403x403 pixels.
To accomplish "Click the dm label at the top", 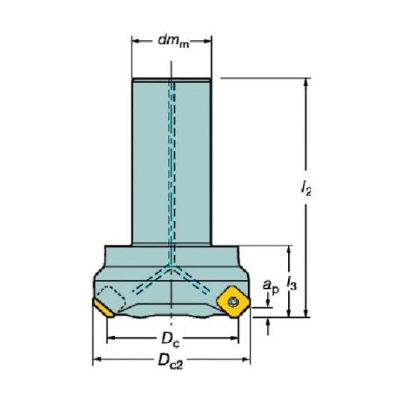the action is (173, 41).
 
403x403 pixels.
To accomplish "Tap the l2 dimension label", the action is (306, 188).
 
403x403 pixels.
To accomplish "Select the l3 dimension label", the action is (292, 283).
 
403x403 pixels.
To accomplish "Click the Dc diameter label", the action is (171, 339).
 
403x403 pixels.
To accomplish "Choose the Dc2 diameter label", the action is (171, 361).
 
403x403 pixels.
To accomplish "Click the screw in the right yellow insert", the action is (233, 302).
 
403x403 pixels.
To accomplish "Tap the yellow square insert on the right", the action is (233, 302).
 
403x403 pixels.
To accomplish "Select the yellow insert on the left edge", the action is (103, 308).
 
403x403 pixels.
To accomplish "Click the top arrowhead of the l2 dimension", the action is (305, 82).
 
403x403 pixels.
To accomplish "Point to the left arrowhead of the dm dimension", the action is (136, 41).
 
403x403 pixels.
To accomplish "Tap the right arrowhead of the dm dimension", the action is (207, 41).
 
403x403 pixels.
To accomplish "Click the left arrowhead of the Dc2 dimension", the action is (97, 360).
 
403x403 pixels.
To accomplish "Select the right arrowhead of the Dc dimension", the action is (234, 338).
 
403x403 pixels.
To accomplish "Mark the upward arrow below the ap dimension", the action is (269, 326).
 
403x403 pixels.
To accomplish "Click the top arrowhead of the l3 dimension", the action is (289, 250).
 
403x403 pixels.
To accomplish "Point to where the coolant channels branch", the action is (171, 267).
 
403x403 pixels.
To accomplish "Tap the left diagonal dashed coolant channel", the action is (151, 280).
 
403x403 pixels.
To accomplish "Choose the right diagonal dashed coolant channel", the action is (191, 280).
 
